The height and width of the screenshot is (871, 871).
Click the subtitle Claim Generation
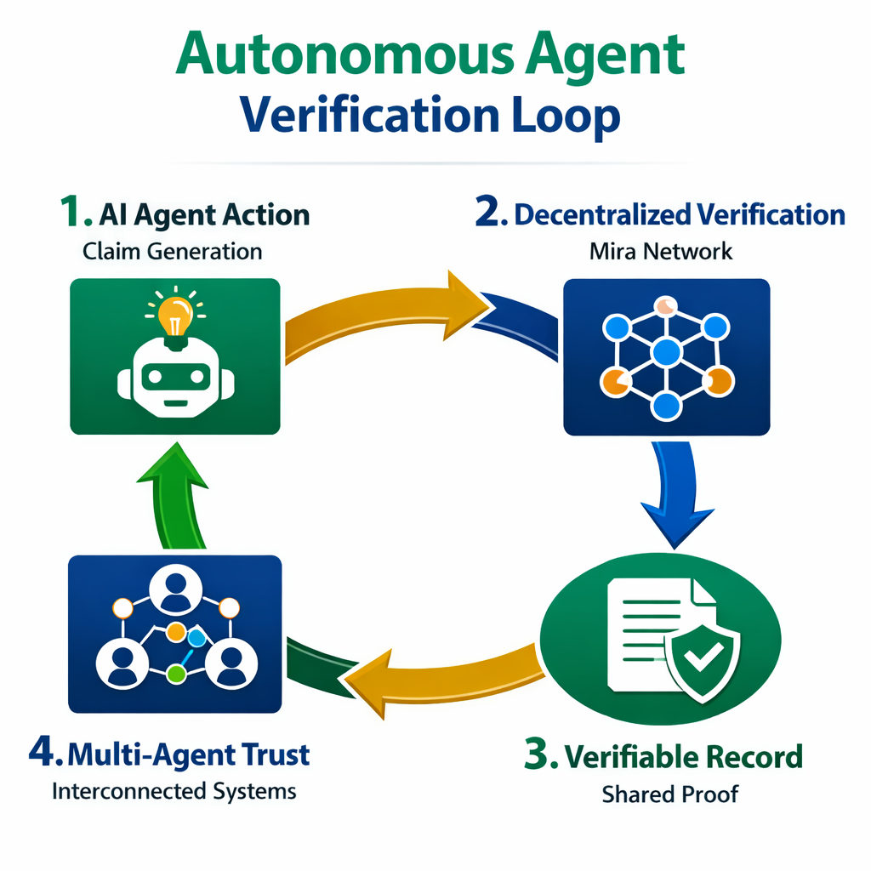pyautogui.click(x=173, y=251)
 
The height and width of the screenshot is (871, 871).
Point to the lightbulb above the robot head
pyautogui.click(x=175, y=316)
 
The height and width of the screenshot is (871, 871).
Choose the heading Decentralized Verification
pyautogui.click(x=679, y=214)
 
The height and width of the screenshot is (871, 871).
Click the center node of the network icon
pyautogui.click(x=667, y=350)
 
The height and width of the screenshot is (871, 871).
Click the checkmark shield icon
pyautogui.click(x=703, y=658)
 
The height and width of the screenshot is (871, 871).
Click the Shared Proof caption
pyautogui.click(x=670, y=794)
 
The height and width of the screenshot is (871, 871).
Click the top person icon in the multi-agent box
pyautogui.click(x=174, y=589)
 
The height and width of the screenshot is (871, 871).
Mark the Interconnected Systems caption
pyautogui.click(x=174, y=791)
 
